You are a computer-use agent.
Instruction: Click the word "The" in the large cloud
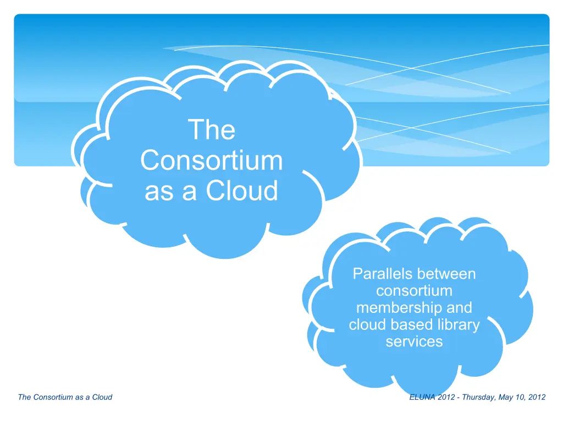[x=212, y=129]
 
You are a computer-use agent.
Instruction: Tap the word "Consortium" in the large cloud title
[x=212, y=160]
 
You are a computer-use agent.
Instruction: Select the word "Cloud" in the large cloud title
[x=242, y=191]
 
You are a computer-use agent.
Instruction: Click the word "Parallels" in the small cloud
[x=377, y=274]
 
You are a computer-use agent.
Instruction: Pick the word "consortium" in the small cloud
[x=414, y=291]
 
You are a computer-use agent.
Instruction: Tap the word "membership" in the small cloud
[x=394, y=308]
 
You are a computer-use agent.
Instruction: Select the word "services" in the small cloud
[x=414, y=341]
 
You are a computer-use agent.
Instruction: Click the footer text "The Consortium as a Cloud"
[x=65, y=397]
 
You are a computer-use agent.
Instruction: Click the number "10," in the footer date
[x=521, y=398]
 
